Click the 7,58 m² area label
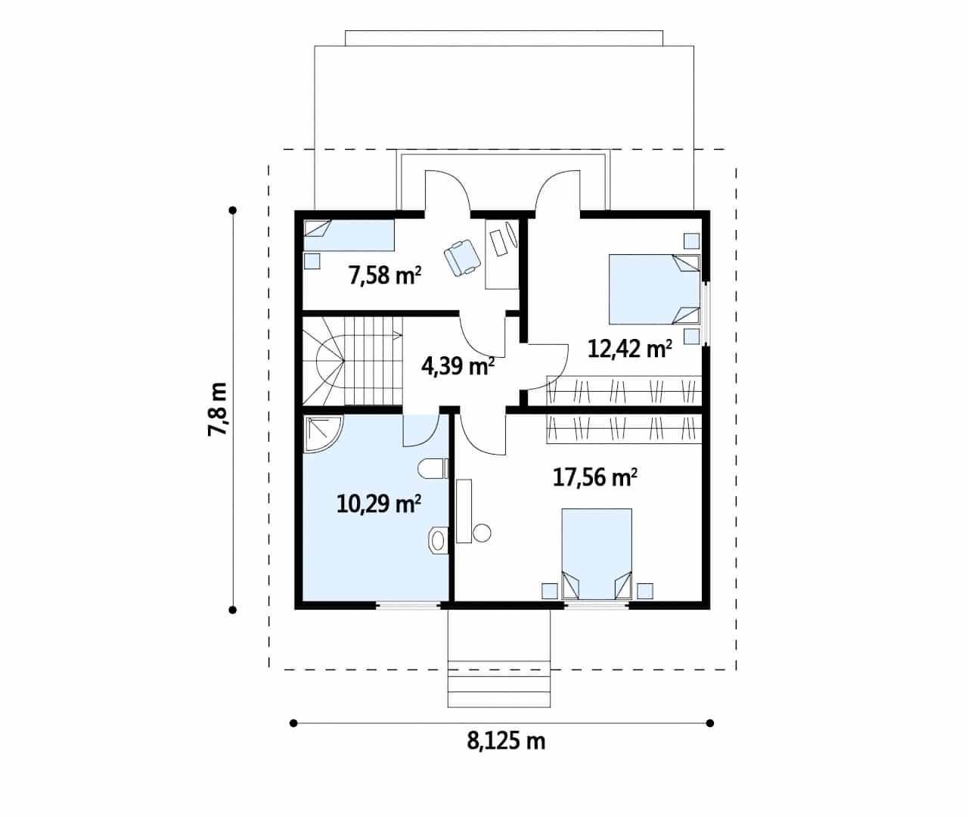385,275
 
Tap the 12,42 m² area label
630,349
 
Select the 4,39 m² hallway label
458,366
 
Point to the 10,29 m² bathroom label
379,504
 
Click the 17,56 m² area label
595,477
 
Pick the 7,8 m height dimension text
217,409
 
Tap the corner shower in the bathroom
323,434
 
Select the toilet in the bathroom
433,468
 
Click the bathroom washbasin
439,540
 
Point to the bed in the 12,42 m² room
654,289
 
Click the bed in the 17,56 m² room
597,554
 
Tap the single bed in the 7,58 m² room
349,235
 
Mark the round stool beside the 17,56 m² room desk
482,533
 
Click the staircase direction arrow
397,334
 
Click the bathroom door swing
421,430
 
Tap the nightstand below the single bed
312,261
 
